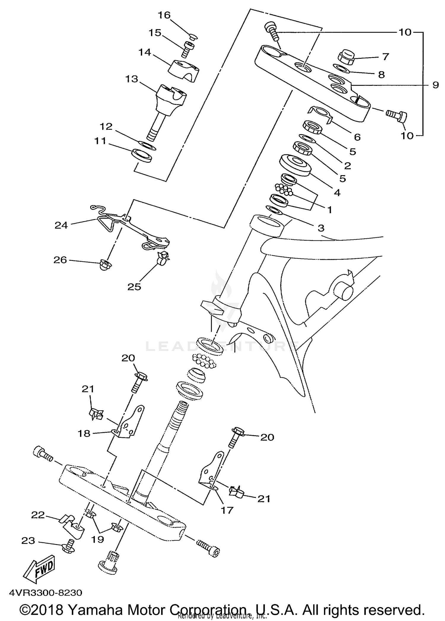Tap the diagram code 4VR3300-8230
pos(45,593)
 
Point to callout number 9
pos(435,85)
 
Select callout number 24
pos(61,225)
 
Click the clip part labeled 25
pos(163,257)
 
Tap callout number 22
pos(38,515)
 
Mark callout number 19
pos(97,539)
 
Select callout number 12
pos(106,126)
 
